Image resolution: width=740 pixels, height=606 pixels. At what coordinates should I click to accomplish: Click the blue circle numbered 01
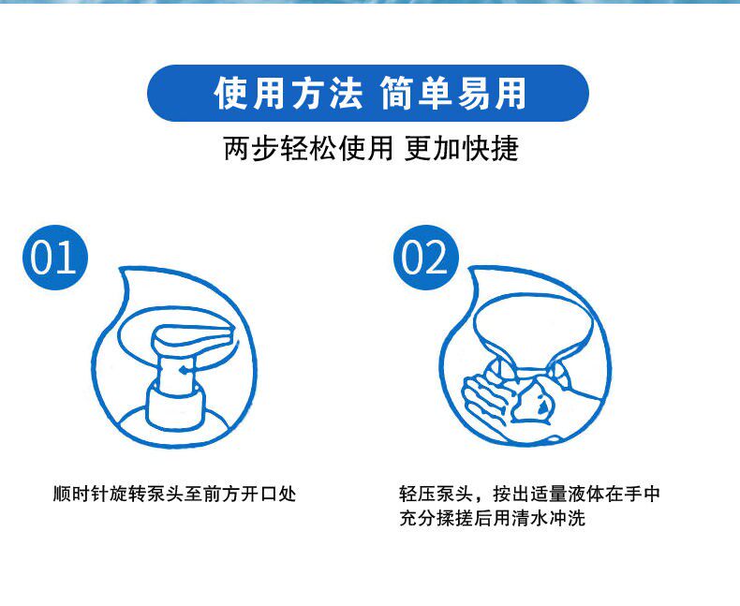pos(55,258)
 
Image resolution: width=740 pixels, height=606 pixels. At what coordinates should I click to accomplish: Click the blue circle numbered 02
pos(426,258)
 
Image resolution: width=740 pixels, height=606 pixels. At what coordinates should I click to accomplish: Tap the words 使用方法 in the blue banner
pos(289,94)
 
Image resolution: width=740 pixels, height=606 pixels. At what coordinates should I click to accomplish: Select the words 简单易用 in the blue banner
pos(453,94)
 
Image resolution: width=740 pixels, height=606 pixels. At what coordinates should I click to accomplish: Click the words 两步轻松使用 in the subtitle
pos(308,149)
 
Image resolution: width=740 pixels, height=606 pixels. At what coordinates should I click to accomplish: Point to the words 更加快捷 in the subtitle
pos(462,149)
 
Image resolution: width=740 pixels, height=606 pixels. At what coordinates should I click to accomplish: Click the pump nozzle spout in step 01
pos(193,337)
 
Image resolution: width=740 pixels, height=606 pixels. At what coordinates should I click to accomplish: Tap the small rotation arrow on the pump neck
pos(186,370)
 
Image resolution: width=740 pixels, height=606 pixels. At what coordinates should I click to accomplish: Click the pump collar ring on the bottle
pos(175,405)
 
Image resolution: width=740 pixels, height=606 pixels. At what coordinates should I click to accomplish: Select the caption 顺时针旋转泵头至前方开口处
pos(174,494)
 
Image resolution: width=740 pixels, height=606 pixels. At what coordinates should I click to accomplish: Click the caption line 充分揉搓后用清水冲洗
pos(492,518)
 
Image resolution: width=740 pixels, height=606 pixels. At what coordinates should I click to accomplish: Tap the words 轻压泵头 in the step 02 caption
pos(437,494)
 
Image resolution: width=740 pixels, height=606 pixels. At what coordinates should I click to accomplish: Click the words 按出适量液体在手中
pos(576,494)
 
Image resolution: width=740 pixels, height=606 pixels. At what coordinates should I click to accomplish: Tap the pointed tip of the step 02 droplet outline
pos(471,270)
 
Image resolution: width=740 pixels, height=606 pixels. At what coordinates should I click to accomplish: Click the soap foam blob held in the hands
pos(533,401)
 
